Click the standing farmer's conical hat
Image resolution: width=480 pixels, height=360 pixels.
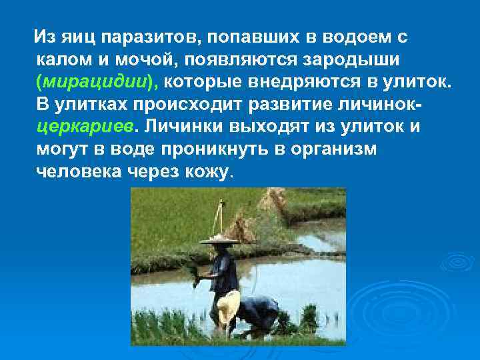(220, 238)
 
